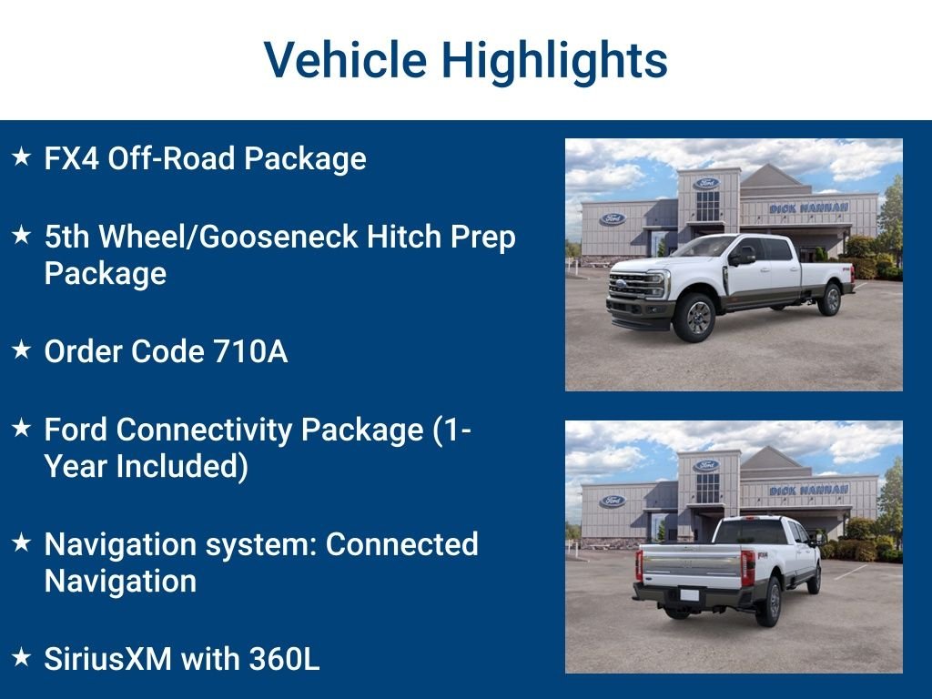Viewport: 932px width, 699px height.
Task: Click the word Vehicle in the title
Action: point(345,59)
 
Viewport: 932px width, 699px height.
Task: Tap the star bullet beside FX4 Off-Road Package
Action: point(22,157)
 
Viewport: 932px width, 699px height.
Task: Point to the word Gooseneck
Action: point(279,237)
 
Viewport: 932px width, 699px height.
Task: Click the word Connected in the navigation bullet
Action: point(401,544)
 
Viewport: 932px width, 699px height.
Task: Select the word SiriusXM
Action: point(108,659)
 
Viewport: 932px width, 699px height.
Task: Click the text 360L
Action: point(284,659)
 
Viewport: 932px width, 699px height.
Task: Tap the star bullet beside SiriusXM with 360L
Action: point(22,657)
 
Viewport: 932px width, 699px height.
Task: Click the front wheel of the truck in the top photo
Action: point(694,317)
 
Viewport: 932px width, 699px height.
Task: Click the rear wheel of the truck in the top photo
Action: point(830,299)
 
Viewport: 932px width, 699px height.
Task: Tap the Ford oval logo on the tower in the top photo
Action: point(706,183)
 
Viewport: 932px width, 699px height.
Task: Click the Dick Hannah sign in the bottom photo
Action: point(808,490)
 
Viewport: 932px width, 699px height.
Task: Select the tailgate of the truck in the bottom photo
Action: point(691,564)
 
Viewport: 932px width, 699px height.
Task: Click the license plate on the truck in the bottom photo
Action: point(690,595)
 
